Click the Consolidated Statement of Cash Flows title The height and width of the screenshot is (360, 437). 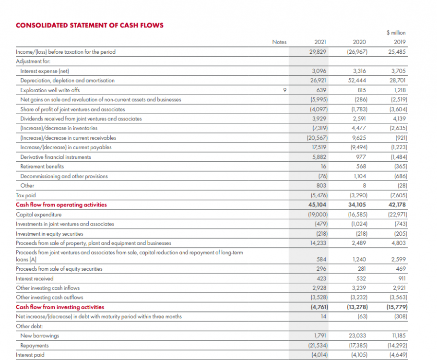tap(90, 25)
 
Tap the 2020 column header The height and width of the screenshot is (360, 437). tap(359, 42)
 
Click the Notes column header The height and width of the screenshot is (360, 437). tap(279, 42)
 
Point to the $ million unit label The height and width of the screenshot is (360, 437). tap(396, 33)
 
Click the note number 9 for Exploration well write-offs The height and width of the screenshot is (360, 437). tap(284, 90)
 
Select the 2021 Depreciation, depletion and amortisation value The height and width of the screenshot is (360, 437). tap(319, 80)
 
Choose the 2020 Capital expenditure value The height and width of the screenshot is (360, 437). tap(357, 215)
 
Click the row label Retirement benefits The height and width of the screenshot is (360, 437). tap(42, 167)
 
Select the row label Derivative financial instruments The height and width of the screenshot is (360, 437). tap(55, 157)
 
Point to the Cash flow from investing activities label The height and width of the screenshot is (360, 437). tap(60, 307)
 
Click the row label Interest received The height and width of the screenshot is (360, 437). tap(35, 278)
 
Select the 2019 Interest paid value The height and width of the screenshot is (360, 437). tap(396, 355)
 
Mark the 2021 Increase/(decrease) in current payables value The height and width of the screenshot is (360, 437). tap(319, 147)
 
